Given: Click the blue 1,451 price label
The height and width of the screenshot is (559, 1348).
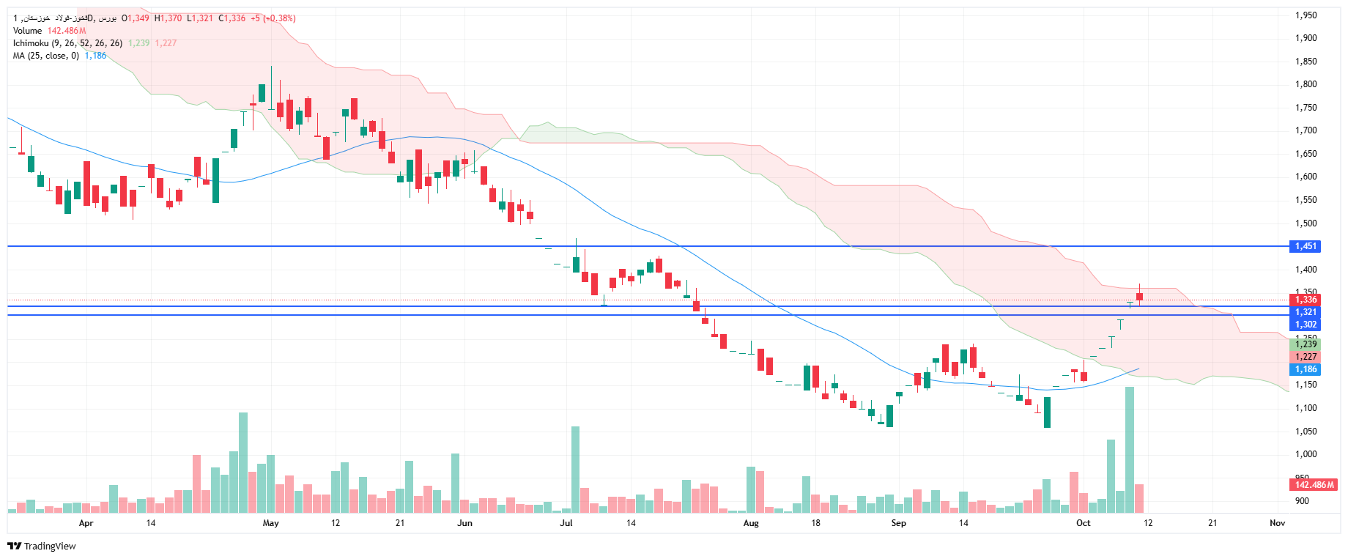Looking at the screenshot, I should pyautogui.click(x=1306, y=246).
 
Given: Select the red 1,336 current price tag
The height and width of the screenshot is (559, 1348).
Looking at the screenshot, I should pyautogui.click(x=1306, y=300).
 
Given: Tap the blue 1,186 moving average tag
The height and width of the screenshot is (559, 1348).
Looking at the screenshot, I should pyautogui.click(x=1306, y=369).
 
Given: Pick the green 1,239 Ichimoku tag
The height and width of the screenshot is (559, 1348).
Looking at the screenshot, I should pyautogui.click(x=1306, y=344).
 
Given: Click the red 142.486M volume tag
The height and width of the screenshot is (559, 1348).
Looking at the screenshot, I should pyautogui.click(x=1314, y=485).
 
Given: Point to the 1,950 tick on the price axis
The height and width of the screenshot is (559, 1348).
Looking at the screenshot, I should pyautogui.click(x=1306, y=15).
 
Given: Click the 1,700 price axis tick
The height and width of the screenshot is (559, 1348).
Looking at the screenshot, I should pyautogui.click(x=1306, y=130).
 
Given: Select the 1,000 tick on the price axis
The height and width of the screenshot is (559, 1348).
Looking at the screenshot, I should pyautogui.click(x=1306, y=454).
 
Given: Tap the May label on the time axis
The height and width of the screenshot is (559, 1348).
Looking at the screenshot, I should pyautogui.click(x=270, y=523).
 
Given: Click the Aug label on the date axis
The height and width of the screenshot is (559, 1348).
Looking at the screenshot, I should pyautogui.click(x=751, y=523).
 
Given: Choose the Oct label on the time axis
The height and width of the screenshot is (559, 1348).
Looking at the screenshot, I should pyautogui.click(x=1083, y=523).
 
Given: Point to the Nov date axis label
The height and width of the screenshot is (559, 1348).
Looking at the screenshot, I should pyautogui.click(x=1277, y=523).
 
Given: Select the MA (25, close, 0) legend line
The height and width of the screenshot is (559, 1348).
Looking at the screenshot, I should pyautogui.click(x=45, y=56).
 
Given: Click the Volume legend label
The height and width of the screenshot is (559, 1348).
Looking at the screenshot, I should pyautogui.click(x=27, y=31).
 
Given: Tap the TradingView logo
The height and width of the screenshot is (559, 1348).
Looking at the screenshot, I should pyautogui.click(x=42, y=546).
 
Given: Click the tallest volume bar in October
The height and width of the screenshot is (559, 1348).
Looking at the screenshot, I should pyautogui.click(x=1130, y=450).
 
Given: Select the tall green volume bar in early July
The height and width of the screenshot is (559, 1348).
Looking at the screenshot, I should pyautogui.click(x=575, y=469).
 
